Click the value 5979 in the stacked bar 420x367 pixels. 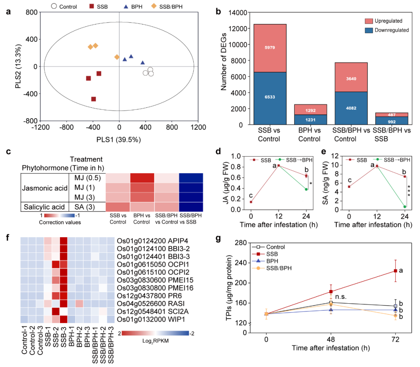[269, 48]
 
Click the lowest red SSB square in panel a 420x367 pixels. [94, 99]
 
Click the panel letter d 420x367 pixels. [218, 153]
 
